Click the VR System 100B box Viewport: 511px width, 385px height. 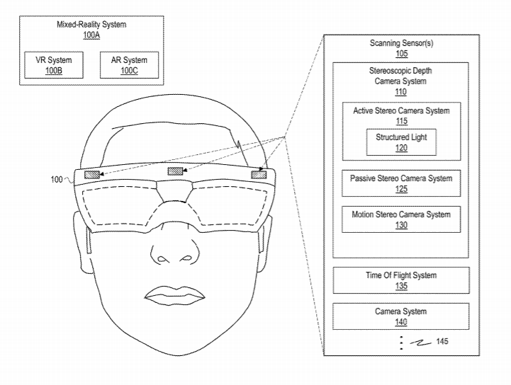coord(48,66)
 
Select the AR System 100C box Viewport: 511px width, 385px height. coord(130,66)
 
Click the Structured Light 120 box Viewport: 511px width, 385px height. coord(400,142)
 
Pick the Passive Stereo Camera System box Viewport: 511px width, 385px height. coord(400,184)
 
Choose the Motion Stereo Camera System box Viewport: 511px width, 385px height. coord(400,220)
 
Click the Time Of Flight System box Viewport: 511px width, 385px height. coord(400,280)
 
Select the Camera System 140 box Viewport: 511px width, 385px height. coord(400,316)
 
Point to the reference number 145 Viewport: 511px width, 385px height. coord(442,342)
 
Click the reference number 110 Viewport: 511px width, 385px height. coord(400,92)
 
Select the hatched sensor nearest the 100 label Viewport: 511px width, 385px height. coord(92,175)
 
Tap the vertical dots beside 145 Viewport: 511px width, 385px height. coord(400,343)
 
